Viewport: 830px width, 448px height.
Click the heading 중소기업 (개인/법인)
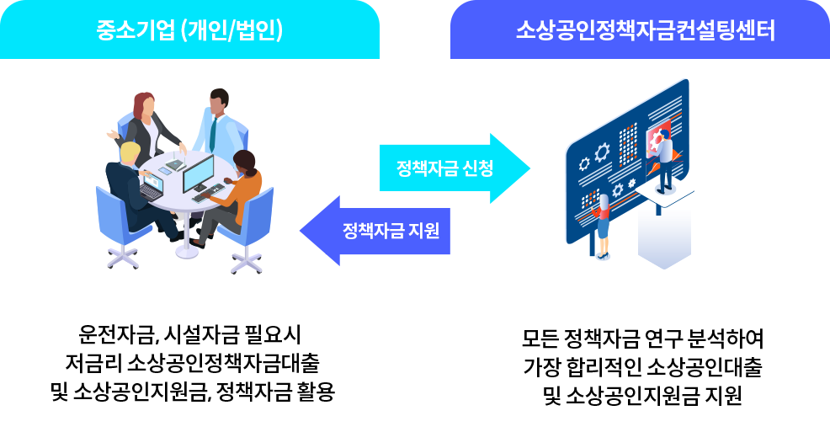[189, 30]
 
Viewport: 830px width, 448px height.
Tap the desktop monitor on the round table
[199, 173]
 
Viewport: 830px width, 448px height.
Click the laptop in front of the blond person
[152, 186]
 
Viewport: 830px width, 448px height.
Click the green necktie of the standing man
[214, 133]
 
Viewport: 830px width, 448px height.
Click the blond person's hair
[130, 152]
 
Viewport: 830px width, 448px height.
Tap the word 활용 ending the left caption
[316, 392]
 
